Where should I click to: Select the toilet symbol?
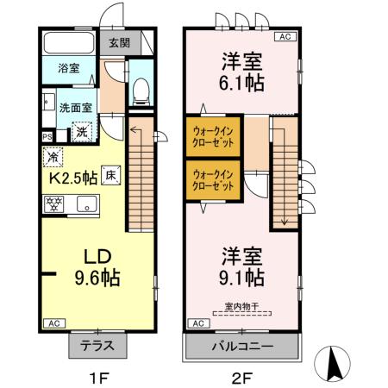pyautogui.click(x=141, y=91)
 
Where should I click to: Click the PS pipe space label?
pyautogui.click(x=47, y=135)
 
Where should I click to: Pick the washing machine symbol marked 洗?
pyautogui.click(x=81, y=132)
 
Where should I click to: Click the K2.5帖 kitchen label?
pyautogui.click(x=70, y=178)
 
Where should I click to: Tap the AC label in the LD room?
pyautogui.click(x=52, y=323)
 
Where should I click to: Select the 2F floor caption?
pyautogui.click(x=241, y=376)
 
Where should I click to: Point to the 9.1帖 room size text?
pyautogui.click(x=242, y=278)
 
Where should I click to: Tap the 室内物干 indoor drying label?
pyautogui.click(x=241, y=305)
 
